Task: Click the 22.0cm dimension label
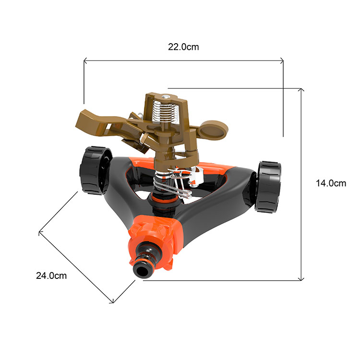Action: click(183, 47)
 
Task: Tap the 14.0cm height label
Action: click(331, 183)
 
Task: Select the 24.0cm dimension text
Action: click(51, 276)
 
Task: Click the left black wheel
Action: click(95, 170)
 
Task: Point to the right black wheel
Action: click(268, 187)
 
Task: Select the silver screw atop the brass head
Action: click(164, 96)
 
